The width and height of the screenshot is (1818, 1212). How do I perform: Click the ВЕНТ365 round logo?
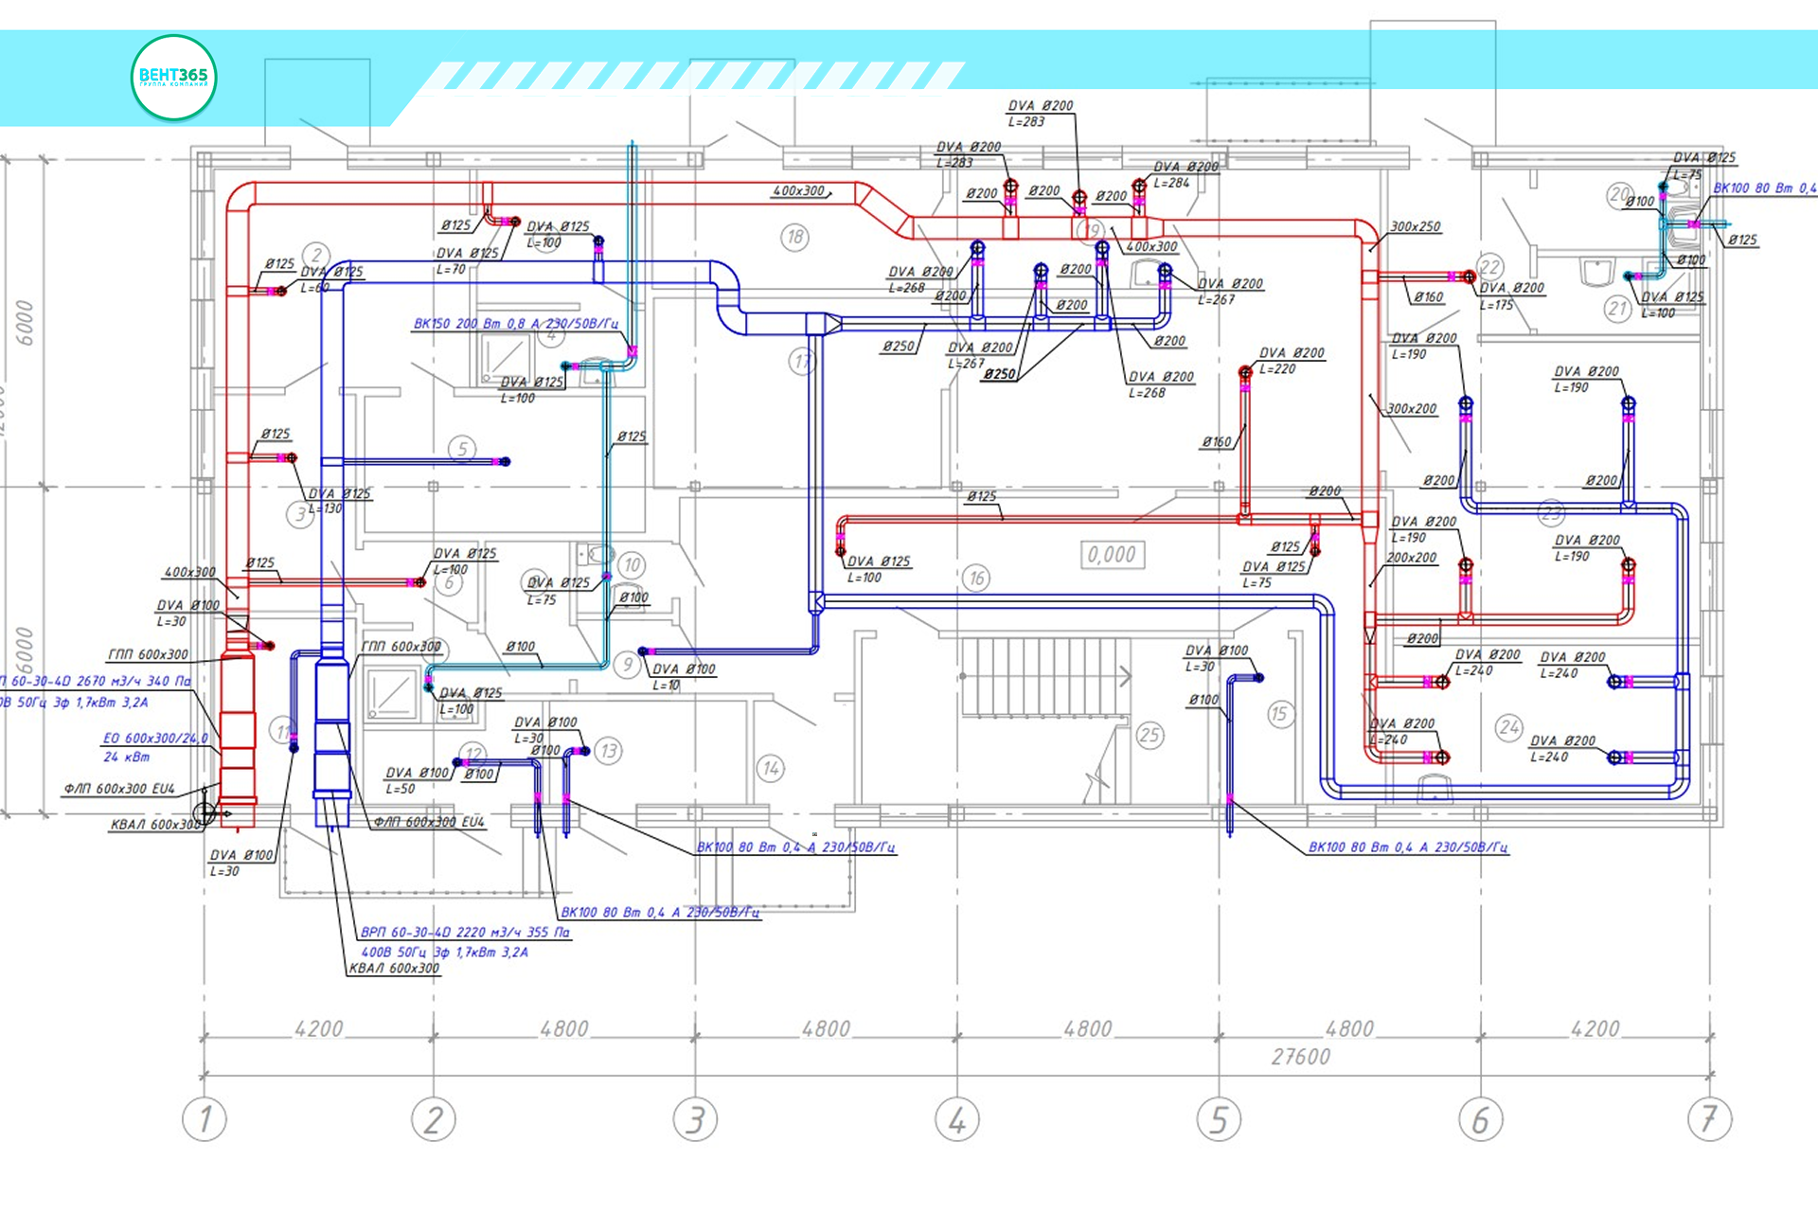(173, 78)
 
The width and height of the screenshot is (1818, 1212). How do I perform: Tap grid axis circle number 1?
(205, 1119)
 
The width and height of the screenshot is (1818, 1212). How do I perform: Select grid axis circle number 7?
(1709, 1119)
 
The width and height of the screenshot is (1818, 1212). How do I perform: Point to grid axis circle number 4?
(957, 1119)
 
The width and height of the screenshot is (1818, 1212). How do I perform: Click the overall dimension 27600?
(1300, 1057)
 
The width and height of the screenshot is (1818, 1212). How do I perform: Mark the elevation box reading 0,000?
(1112, 555)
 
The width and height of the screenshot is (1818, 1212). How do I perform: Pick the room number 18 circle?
(795, 237)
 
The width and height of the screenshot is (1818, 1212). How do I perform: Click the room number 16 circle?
(976, 578)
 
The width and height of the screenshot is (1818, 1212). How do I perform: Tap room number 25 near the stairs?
(1150, 735)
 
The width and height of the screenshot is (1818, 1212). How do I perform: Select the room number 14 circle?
(771, 768)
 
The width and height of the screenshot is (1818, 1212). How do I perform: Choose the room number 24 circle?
(1509, 727)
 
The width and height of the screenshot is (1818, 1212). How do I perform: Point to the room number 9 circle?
(628, 665)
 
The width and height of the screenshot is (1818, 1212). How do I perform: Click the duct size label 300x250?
(1416, 227)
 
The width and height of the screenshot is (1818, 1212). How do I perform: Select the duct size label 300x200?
(1412, 409)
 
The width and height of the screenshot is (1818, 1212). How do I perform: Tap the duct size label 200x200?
(1412, 558)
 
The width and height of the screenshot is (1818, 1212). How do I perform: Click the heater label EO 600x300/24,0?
(154, 739)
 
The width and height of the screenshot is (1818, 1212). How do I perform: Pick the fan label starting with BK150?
(515, 324)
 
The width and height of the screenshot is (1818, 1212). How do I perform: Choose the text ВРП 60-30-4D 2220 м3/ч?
(465, 933)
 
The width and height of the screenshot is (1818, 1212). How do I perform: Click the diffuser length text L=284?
(1171, 183)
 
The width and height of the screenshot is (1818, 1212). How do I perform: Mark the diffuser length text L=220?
(1277, 369)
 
